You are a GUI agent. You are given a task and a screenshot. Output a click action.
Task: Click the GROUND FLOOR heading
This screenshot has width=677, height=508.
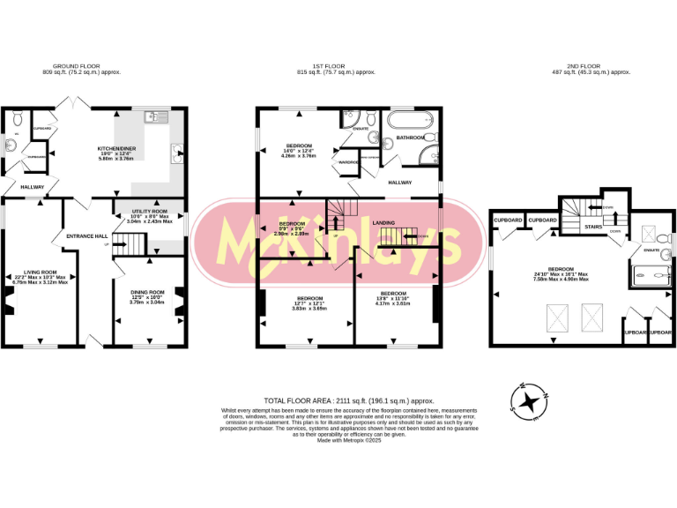86,67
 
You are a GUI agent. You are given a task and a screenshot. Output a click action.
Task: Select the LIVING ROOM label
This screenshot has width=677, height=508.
41,273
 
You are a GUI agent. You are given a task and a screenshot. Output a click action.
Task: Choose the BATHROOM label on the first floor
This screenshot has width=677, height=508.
411,138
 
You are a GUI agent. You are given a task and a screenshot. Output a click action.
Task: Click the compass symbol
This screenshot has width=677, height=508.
529,402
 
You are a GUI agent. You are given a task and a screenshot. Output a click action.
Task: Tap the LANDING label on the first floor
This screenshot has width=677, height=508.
383,223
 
